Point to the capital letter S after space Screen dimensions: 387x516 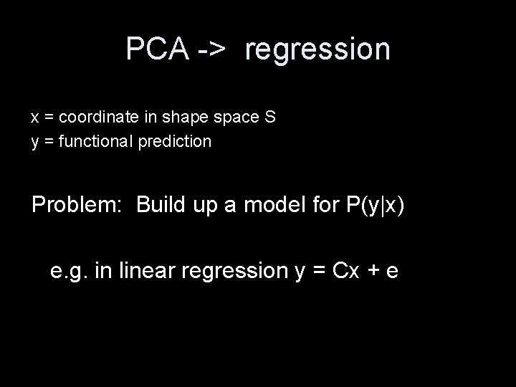[270, 117]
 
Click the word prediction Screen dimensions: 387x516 [180, 141]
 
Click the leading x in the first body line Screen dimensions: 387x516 [34, 118]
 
